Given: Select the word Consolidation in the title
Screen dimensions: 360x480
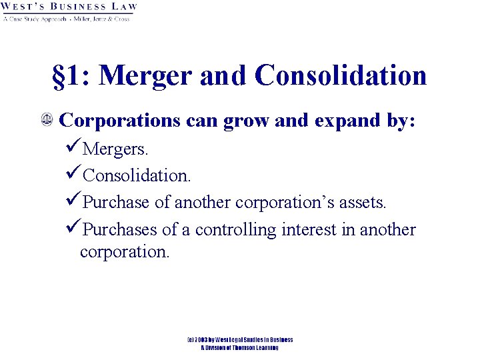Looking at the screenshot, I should (340, 75).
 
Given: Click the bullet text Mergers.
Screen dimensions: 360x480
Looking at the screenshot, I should (113, 149).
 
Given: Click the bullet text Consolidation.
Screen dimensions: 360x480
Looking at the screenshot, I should (137, 176).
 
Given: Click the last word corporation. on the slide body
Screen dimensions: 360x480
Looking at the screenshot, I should (125, 252).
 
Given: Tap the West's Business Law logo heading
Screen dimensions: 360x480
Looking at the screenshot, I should (69, 7).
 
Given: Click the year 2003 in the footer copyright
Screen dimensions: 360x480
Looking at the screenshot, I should (203, 340).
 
